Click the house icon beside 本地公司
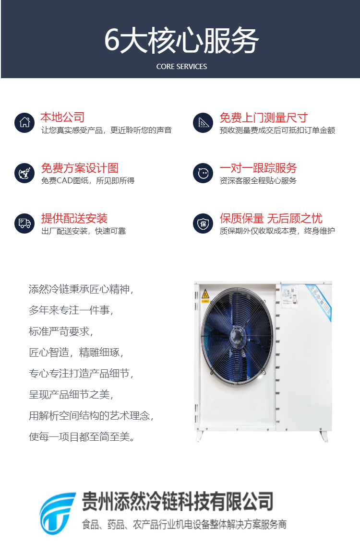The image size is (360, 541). click(24, 122)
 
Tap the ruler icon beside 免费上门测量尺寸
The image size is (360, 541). click(203, 122)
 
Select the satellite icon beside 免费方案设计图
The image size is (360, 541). click(24, 173)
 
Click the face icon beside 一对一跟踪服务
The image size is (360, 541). click(203, 173)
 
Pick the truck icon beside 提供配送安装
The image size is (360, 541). click(24, 223)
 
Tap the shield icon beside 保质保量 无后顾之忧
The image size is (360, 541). click(203, 223)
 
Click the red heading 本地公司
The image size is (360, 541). click(62, 118)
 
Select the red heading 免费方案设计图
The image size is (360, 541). click(80, 168)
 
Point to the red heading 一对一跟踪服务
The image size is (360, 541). click(258, 168)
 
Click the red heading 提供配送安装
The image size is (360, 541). click(74, 218)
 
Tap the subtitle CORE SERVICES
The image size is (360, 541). click(181, 67)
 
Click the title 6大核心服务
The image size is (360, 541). click(181, 40)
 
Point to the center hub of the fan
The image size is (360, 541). click(237, 334)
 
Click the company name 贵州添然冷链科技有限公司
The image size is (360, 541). click(178, 501)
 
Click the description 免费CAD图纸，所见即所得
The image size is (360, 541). click(88, 180)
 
